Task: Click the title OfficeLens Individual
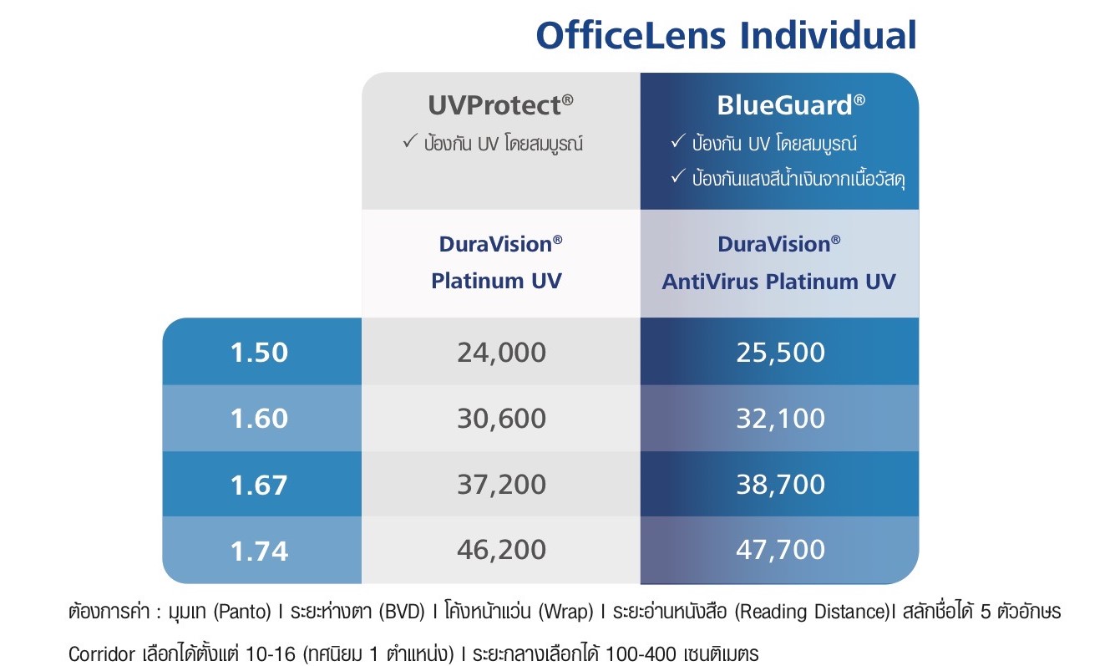(x=726, y=36)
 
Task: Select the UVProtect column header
(x=500, y=105)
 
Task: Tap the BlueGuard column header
(x=790, y=105)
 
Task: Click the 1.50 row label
(x=259, y=353)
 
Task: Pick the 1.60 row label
(x=259, y=419)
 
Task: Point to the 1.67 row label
(x=259, y=485)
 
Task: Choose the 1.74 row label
(x=259, y=551)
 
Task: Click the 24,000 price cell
(x=501, y=353)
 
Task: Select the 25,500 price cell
(x=780, y=353)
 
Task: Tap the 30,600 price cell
(x=501, y=419)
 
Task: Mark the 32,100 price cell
(x=780, y=419)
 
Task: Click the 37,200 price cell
(x=501, y=485)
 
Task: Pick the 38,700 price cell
(x=780, y=485)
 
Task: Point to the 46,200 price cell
(x=501, y=550)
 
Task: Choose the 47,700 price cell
(x=780, y=550)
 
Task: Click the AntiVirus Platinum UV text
(x=779, y=282)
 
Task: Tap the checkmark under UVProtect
(x=410, y=140)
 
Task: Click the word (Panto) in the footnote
(x=242, y=612)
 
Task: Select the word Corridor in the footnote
(x=102, y=654)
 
